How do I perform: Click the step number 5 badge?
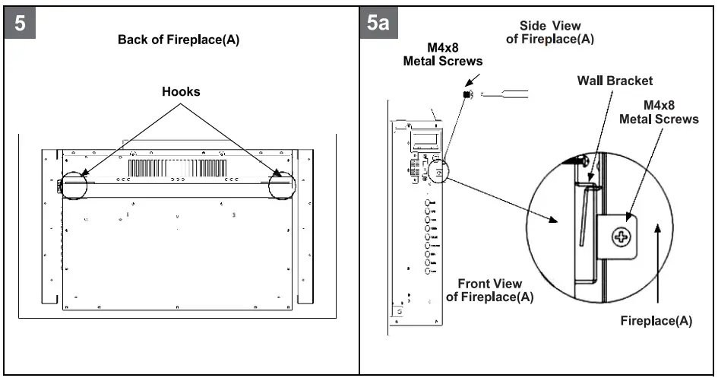click(x=21, y=23)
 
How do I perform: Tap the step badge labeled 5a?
click(x=378, y=23)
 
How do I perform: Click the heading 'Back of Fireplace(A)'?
click(x=179, y=40)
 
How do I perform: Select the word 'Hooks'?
click(x=181, y=92)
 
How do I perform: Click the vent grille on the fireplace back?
click(x=176, y=167)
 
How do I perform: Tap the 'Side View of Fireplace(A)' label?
click(x=551, y=31)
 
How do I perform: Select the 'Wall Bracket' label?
click(x=615, y=81)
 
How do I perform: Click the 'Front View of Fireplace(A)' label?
click(x=489, y=291)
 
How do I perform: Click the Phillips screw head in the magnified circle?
click(x=622, y=237)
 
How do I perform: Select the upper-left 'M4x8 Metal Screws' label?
click(x=442, y=55)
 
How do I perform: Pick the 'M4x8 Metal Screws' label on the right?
click(x=659, y=113)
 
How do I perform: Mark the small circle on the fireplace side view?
click(x=439, y=169)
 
